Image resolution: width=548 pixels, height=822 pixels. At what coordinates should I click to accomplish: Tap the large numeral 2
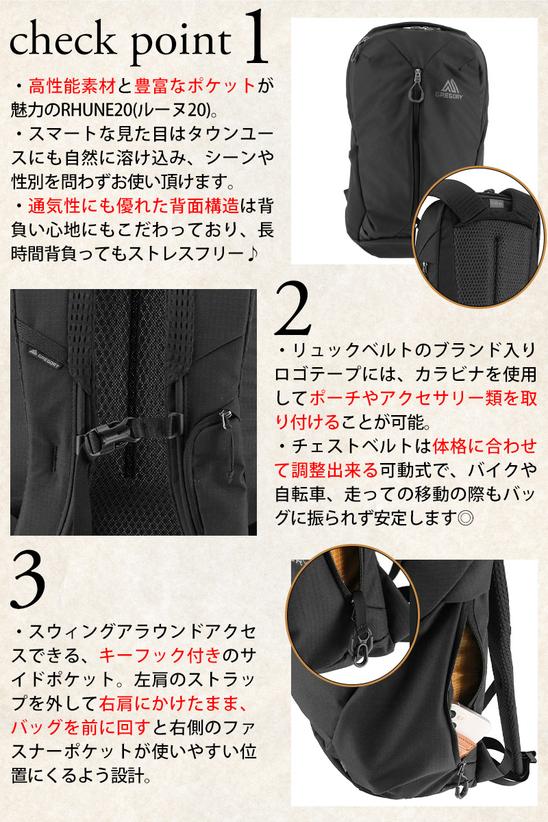pyautogui.click(x=292, y=309)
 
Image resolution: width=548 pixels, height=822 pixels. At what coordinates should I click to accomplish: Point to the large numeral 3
pyautogui.click(x=28, y=580)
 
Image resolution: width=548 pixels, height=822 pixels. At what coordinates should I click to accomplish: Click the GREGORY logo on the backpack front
pyautogui.click(x=449, y=90)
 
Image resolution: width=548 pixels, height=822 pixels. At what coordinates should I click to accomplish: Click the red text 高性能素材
pyautogui.click(x=73, y=86)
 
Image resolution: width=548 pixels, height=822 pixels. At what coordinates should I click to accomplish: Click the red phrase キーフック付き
pyautogui.click(x=160, y=655)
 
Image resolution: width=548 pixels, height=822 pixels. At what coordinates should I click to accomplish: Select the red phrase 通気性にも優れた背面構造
pyautogui.click(x=134, y=207)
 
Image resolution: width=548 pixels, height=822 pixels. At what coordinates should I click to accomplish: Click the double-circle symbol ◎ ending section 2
pyautogui.click(x=465, y=518)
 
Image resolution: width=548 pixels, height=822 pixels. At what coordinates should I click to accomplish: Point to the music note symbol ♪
pyautogui.click(x=251, y=254)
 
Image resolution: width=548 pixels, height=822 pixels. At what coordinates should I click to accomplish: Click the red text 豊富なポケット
pyautogui.click(x=195, y=86)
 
